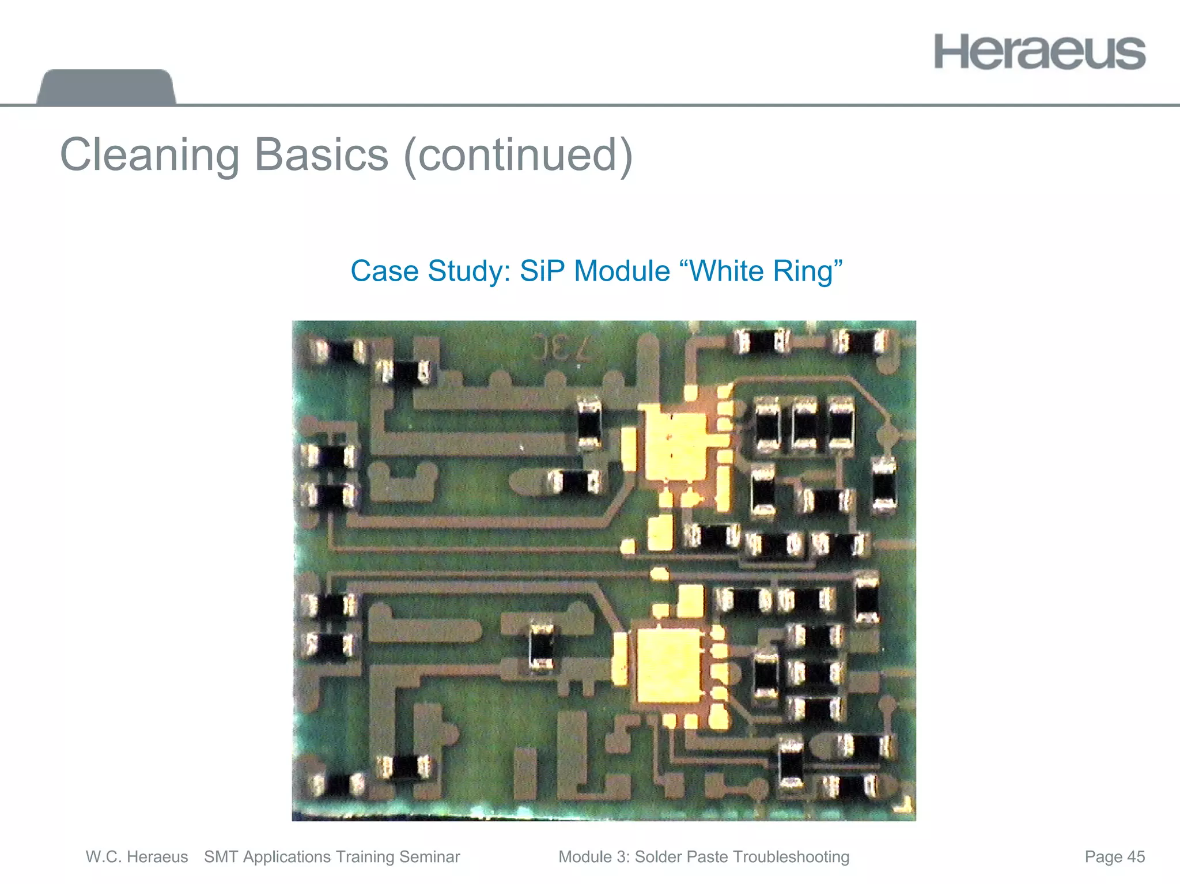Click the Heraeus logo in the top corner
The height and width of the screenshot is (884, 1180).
pos(1039,52)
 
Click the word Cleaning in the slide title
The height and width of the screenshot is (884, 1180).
pos(149,156)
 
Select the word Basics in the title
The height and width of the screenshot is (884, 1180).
pos(322,156)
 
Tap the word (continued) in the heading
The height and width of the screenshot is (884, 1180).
pos(518,156)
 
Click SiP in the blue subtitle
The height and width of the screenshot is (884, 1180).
pos(542,271)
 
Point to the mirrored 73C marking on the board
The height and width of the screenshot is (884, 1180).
pos(561,347)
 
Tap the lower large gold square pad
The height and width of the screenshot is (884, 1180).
pos(668,666)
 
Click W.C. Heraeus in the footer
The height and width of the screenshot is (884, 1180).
pos(137,857)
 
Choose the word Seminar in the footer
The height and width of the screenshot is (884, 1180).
pos(429,857)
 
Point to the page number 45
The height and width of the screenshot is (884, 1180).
pos(1136,857)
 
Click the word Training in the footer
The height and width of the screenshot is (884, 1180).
pos(365,857)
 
